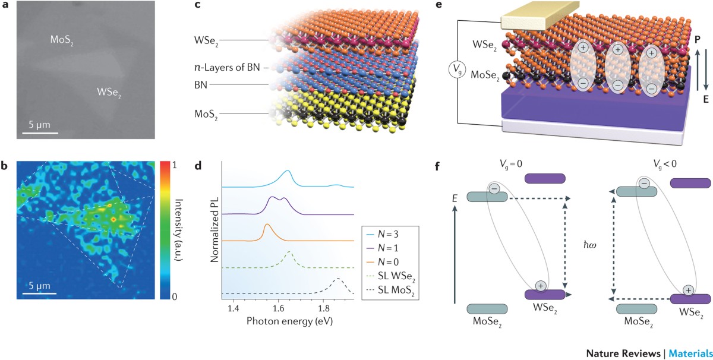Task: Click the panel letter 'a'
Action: (6, 7)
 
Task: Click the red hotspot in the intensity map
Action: (113, 219)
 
